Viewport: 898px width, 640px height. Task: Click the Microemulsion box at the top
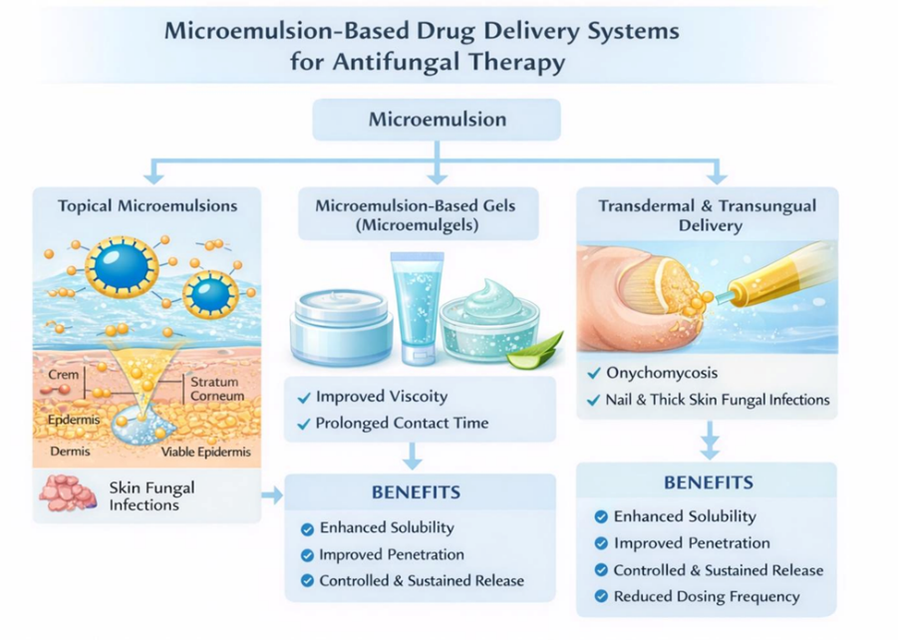(x=437, y=120)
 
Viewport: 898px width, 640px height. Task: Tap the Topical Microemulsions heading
(x=148, y=206)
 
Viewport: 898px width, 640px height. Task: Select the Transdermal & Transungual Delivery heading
(x=707, y=215)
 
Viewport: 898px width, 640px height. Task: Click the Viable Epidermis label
(x=207, y=452)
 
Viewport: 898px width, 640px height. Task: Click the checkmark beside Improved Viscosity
(x=304, y=397)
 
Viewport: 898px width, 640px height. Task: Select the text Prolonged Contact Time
(x=402, y=423)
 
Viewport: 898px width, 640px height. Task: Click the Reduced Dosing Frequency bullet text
(x=706, y=596)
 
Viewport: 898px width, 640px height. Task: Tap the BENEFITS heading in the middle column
(x=416, y=491)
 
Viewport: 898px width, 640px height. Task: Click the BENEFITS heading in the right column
(x=708, y=482)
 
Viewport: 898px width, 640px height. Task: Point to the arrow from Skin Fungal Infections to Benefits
(x=272, y=494)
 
